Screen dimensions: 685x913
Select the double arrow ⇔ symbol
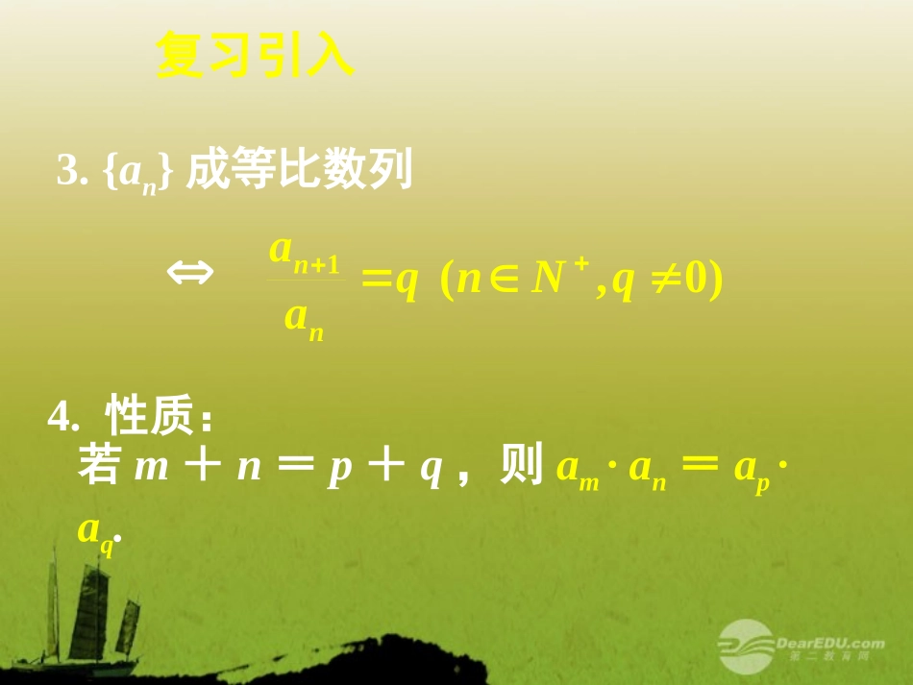click(x=190, y=274)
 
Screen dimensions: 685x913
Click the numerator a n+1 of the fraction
click(x=304, y=252)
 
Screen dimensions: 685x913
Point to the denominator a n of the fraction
click(x=304, y=318)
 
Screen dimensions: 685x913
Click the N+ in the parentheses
click(x=555, y=279)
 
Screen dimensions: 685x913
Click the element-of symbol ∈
click(x=504, y=281)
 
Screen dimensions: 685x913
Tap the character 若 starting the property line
click(x=98, y=467)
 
